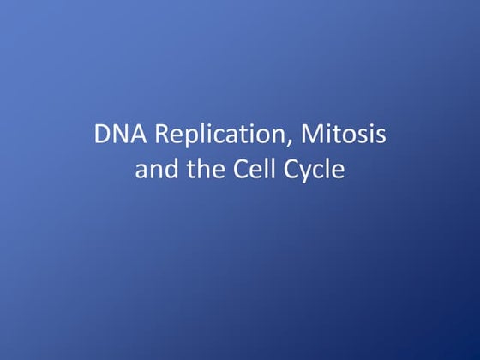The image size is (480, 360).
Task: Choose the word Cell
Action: coord(255,170)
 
